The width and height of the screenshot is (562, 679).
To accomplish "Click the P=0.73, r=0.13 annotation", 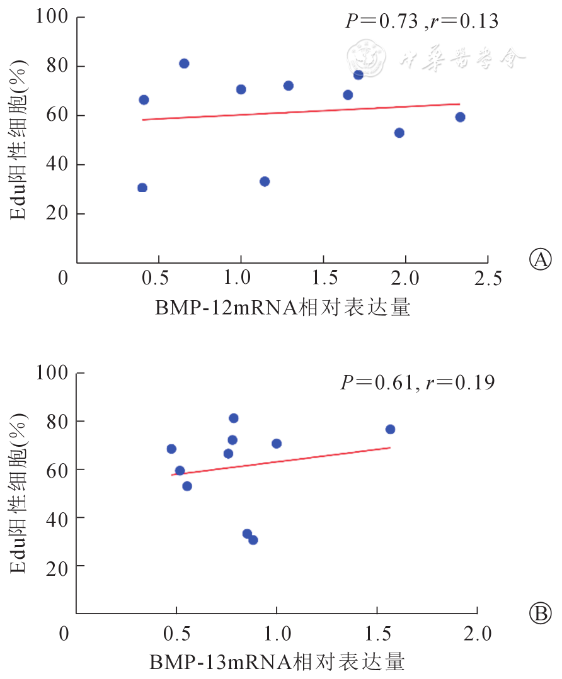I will coord(421,21).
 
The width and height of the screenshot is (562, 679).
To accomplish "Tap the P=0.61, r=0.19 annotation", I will coord(418,382).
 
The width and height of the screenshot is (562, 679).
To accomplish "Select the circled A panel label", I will coord(541,259).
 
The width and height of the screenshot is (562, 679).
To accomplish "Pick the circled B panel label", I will coord(541,612).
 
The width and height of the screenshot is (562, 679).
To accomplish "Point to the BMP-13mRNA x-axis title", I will coord(277,662).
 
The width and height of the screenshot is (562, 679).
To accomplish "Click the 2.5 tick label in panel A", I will coord(488,278).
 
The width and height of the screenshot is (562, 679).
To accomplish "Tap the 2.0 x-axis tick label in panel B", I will coord(477,632).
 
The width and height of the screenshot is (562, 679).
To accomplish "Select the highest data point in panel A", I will coord(184,64).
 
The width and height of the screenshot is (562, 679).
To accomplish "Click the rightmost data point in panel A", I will coord(460,117).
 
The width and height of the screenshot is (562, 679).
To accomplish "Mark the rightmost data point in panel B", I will coord(390,429).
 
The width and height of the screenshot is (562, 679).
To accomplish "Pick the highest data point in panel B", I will coord(234,418).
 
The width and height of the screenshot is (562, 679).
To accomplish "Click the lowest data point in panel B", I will coord(253,540).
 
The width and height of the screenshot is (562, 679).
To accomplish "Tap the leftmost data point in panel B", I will coord(171,449).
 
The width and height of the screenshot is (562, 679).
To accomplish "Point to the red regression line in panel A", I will coord(301,111).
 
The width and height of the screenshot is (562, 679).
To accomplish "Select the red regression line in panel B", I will coord(281,461).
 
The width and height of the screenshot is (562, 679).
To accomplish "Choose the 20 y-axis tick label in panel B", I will coord(57,565).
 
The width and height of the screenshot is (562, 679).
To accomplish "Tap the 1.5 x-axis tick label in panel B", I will coord(377,632).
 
